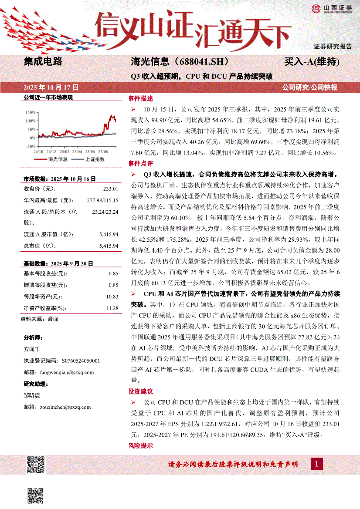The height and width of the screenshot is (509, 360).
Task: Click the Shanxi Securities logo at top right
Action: [x=332, y=8]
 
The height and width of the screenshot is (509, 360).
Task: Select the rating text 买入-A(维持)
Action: [x=312, y=61]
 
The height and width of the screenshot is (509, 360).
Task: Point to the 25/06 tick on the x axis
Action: [x=90, y=152]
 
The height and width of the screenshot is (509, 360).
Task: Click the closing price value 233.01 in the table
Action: [x=111, y=189]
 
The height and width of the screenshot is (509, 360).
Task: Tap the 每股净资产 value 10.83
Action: [x=113, y=297]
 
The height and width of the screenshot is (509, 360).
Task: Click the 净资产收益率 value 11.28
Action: [x=113, y=308]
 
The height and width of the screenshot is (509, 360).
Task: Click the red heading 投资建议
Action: [x=141, y=391]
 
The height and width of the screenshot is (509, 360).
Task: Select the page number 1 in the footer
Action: [x=316, y=464]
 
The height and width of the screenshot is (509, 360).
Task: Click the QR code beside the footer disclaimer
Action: [x=36, y=465]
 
